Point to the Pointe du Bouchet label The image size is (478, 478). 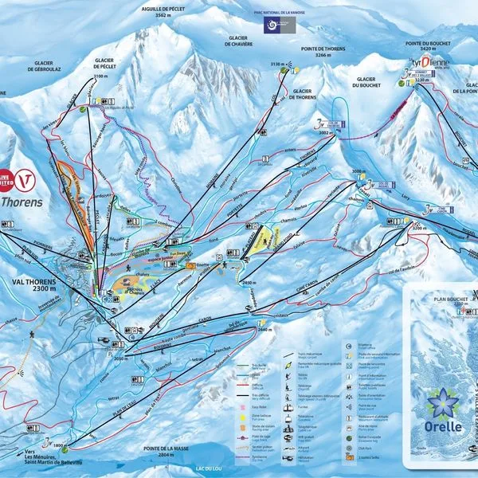point(430,45)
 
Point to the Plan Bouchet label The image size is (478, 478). point(449,298)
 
